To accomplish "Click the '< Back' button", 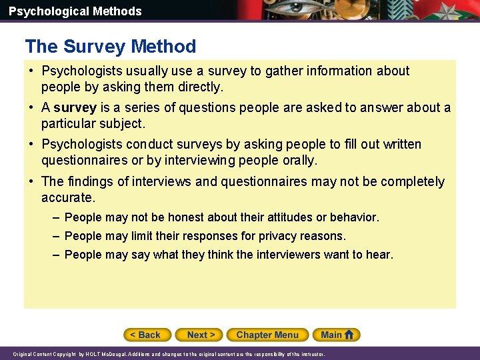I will point(147,335).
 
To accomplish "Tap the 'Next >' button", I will point(201,335).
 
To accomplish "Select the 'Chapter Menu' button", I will point(267,335).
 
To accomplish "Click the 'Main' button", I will point(331,335).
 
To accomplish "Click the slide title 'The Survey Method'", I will point(111,47).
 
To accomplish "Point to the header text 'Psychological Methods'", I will point(75,11).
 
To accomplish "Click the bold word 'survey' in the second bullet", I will point(75,108).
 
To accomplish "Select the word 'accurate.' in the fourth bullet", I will point(68,198).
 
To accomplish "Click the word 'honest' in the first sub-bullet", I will point(186,217).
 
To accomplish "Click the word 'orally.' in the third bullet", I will point(300,161).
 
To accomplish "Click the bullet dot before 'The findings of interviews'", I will point(32,181).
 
